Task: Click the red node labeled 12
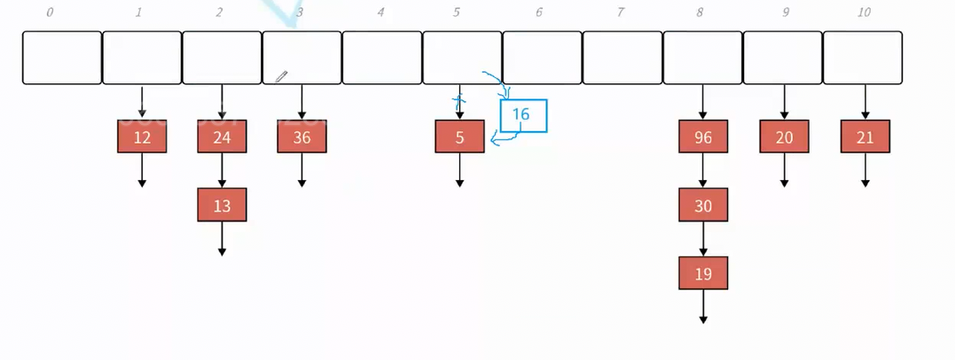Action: [x=142, y=137]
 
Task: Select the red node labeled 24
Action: [x=222, y=137]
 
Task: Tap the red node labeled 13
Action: [x=222, y=205]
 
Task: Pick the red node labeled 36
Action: [x=301, y=137]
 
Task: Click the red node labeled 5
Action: [x=459, y=137]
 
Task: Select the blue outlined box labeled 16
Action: [x=523, y=115]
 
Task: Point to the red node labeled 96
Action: [x=703, y=137]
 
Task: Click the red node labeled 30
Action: [x=703, y=205]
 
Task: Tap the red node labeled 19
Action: [x=703, y=273]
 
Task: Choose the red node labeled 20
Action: [x=784, y=137]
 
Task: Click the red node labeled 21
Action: [x=865, y=137]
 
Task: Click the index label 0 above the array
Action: [x=50, y=12]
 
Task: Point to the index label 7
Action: [x=621, y=12]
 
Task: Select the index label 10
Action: [x=865, y=12]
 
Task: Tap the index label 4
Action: [x=380, y=12]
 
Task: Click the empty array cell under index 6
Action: [x=543, y=58]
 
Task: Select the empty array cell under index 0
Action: [x=62, y=58]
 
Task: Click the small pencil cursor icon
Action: [x=281, y=77]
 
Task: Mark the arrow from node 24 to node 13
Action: [x=222, y=171]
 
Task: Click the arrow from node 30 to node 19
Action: [x=703, y=239]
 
